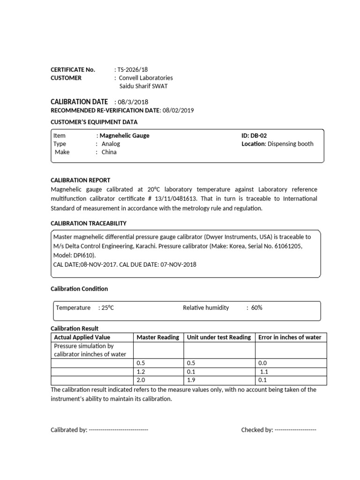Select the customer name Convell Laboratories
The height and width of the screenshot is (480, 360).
click(146, 78)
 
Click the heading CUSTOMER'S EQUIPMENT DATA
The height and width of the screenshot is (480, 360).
click(94, 122)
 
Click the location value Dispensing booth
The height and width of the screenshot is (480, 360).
click(290, 144)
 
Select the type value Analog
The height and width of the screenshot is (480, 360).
click(111, 144)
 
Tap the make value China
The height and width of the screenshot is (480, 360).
click(109, 152)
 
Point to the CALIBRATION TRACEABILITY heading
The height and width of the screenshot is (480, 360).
click(89, 224)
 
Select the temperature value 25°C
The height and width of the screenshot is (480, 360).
click(107, 308)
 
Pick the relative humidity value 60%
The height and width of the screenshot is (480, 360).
click(256, 308)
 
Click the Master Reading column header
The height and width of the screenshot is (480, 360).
click(157, 337)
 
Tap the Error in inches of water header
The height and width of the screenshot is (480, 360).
click(290, 337)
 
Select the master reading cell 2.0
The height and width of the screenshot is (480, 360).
click(140, 380)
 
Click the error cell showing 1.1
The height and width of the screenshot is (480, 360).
click(264, 372)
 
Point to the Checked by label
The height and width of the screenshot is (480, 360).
click(257, 430)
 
